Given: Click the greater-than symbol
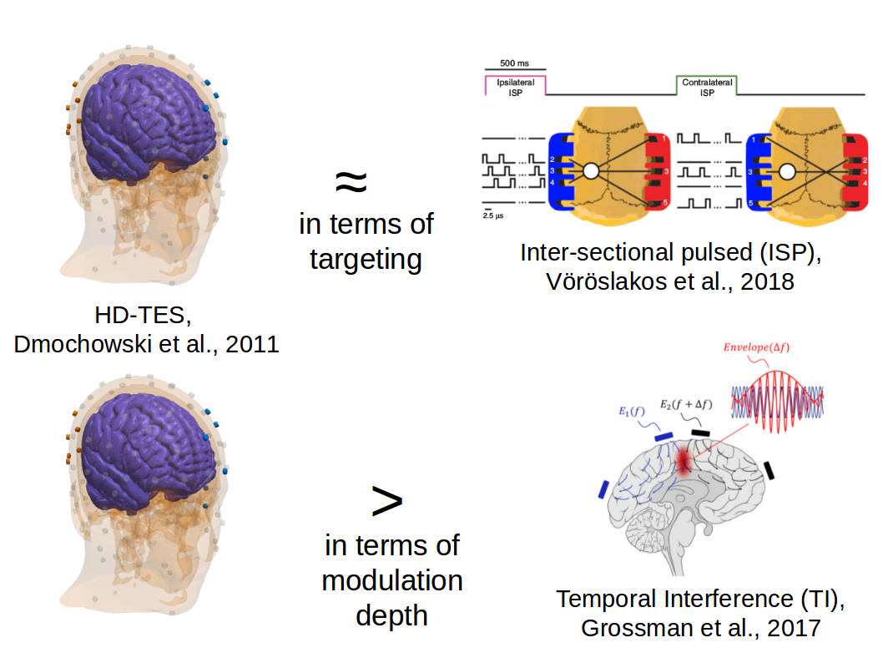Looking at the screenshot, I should coord(386,500).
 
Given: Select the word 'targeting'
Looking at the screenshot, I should coord(366,259).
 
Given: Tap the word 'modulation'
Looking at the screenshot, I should coord(392,579).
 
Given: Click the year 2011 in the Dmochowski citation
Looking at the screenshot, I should coord(249,343).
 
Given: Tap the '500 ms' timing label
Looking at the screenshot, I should coord(514,63).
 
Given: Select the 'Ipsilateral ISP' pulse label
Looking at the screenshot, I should coord(515,88).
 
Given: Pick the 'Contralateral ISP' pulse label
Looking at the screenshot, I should coord(707,88).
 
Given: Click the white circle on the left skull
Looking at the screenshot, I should coord(591,172).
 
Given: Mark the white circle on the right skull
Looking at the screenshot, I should coord(786,172).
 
